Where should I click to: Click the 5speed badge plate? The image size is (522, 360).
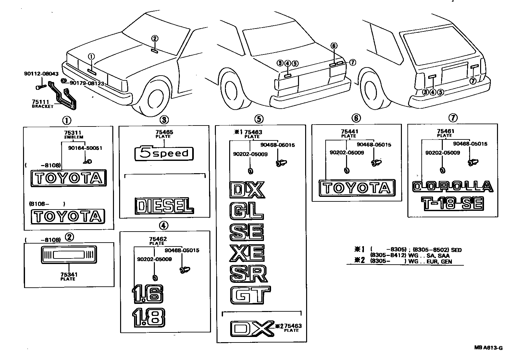(x=164, y=153)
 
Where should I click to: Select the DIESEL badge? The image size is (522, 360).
(x=164, y=206)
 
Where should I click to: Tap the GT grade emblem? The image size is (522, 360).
(x=250, y=295)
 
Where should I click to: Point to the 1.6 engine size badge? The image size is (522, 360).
(x=147, y=294)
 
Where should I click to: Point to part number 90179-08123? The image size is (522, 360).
(x=87, y=84)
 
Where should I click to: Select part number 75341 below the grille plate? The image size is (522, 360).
(x=68, y=275)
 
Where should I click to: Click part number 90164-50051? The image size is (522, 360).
(x=85, y=148)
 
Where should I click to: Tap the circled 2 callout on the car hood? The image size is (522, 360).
(x=155, y=38)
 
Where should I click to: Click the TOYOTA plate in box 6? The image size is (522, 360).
(x=357, y=188)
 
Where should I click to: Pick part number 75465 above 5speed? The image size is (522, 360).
(x=164, y=132)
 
